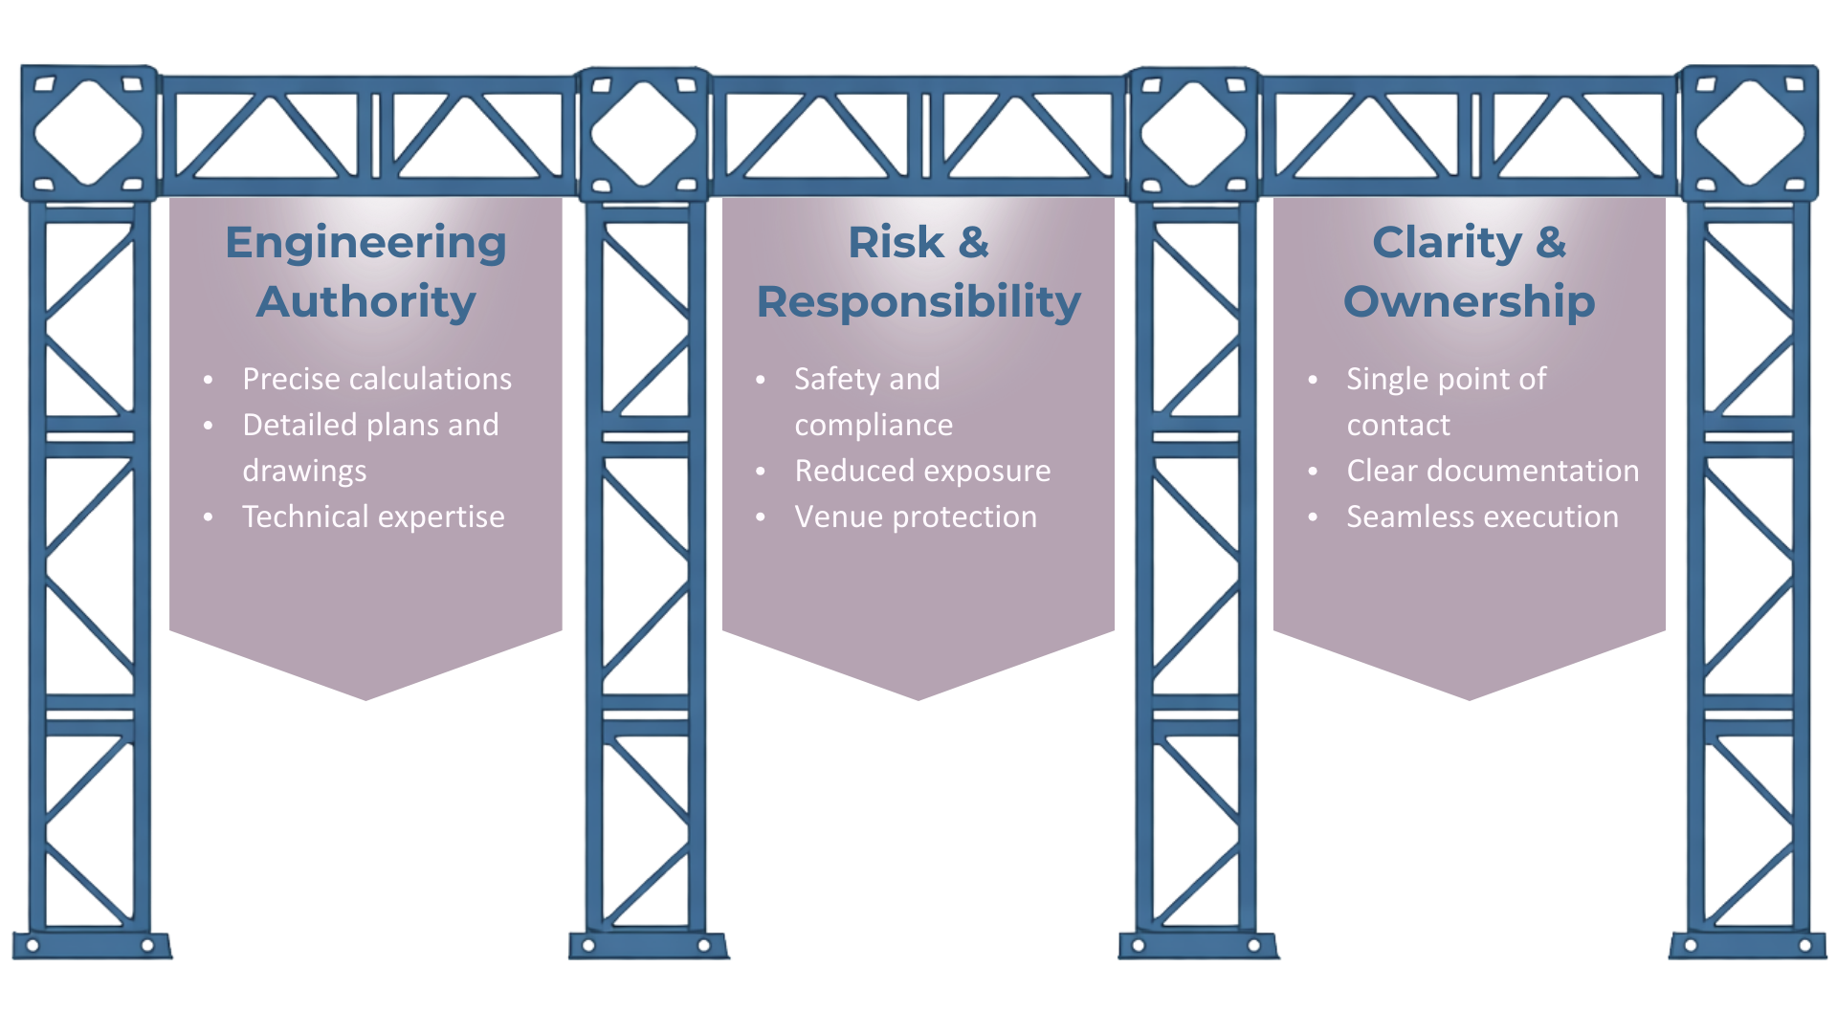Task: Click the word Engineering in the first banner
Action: tap(365, 243)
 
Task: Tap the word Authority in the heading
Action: tap(365, 302)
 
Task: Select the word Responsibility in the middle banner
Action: tap(918, 302)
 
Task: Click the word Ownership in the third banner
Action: tap(1470, 302)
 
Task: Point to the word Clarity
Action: tap(1447, 243)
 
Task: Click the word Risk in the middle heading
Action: tap(896, 243)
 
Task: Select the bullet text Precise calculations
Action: tap(377, 379)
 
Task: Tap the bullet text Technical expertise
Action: tap(373, 516)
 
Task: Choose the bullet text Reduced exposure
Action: tap(922, 471)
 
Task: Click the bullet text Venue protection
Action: tap(916, 516)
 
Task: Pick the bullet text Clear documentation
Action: tap(1493, 471)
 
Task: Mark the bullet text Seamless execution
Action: tap(1482, 516)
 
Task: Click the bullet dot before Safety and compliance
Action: tap(761, 381)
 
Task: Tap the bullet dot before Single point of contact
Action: tap(1313, 381)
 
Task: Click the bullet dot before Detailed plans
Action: tap(209, 427)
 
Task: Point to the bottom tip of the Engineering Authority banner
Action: tap(365, 697)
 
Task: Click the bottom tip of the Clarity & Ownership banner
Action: tap(1470, 697)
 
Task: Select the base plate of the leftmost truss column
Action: tap(91, 945)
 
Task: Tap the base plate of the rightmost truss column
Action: tap(1748, 945)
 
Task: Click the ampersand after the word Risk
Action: tap(973, 243)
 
